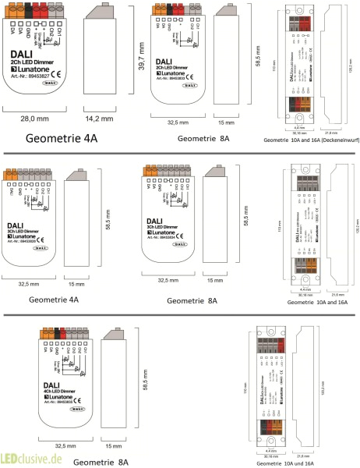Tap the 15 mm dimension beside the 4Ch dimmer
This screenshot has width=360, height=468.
click(x=114, y=448)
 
